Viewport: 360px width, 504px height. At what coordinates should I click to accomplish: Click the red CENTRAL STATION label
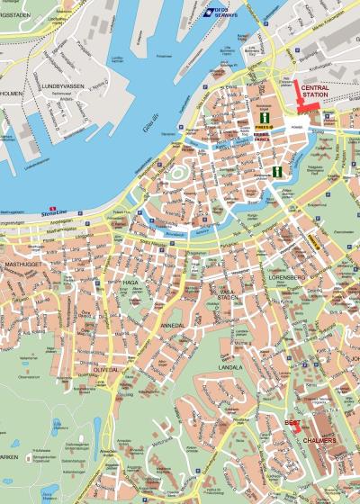pos(320,90)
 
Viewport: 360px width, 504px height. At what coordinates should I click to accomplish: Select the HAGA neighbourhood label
pos(130,282)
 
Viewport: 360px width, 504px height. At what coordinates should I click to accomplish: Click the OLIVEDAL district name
pos(105,368)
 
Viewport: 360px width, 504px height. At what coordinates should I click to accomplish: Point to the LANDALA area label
pos(229,367)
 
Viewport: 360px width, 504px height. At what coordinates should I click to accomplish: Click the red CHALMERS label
pos(319,440)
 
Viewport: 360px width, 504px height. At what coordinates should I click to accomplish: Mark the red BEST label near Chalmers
pos(292,421)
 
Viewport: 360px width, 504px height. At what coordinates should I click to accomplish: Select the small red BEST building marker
pos(295,430)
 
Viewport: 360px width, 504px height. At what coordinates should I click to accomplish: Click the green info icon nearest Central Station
pos(265,118)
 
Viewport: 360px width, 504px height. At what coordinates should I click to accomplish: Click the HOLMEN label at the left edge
pos(10,91)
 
